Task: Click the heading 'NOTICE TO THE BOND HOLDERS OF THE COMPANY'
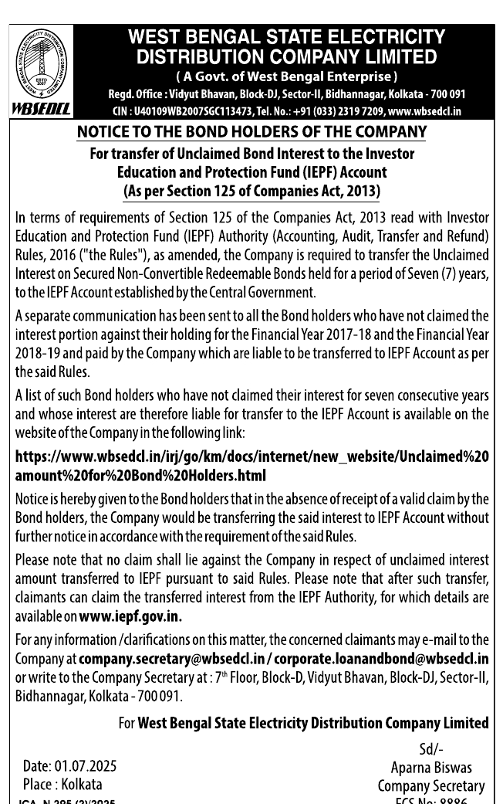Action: click(251, 133)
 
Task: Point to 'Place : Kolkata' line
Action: click(62, 784)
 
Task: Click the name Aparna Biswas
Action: click(431, 768)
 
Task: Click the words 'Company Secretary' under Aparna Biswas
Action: click(431, 786)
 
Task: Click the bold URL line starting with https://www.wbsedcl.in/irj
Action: click(251, 456)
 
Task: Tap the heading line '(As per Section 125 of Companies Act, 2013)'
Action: click(251, 191)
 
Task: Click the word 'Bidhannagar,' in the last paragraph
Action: click(52, 695)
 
